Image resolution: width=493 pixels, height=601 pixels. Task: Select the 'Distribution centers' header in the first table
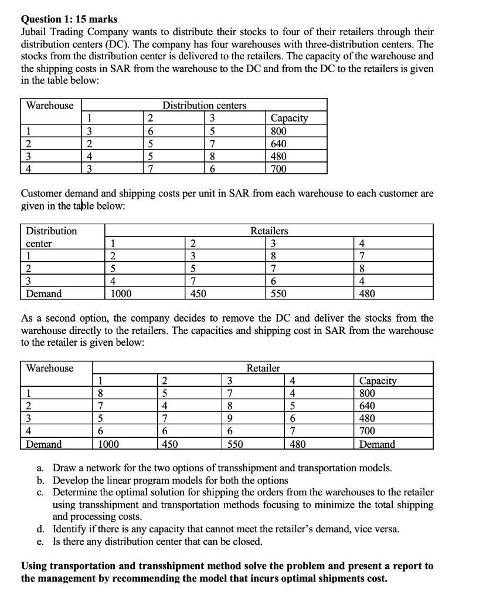coord(204,106)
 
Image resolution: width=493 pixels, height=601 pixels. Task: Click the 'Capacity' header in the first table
coord(291,118)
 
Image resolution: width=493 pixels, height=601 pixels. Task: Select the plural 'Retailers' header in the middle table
coord(269,231)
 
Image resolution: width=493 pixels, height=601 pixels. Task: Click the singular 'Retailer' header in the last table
coord(263,368)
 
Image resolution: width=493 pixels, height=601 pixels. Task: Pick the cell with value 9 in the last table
coord(230,418)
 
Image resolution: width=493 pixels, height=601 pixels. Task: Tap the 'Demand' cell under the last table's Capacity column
coord(377,444)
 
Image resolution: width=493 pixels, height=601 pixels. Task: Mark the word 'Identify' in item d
coord(72,529)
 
